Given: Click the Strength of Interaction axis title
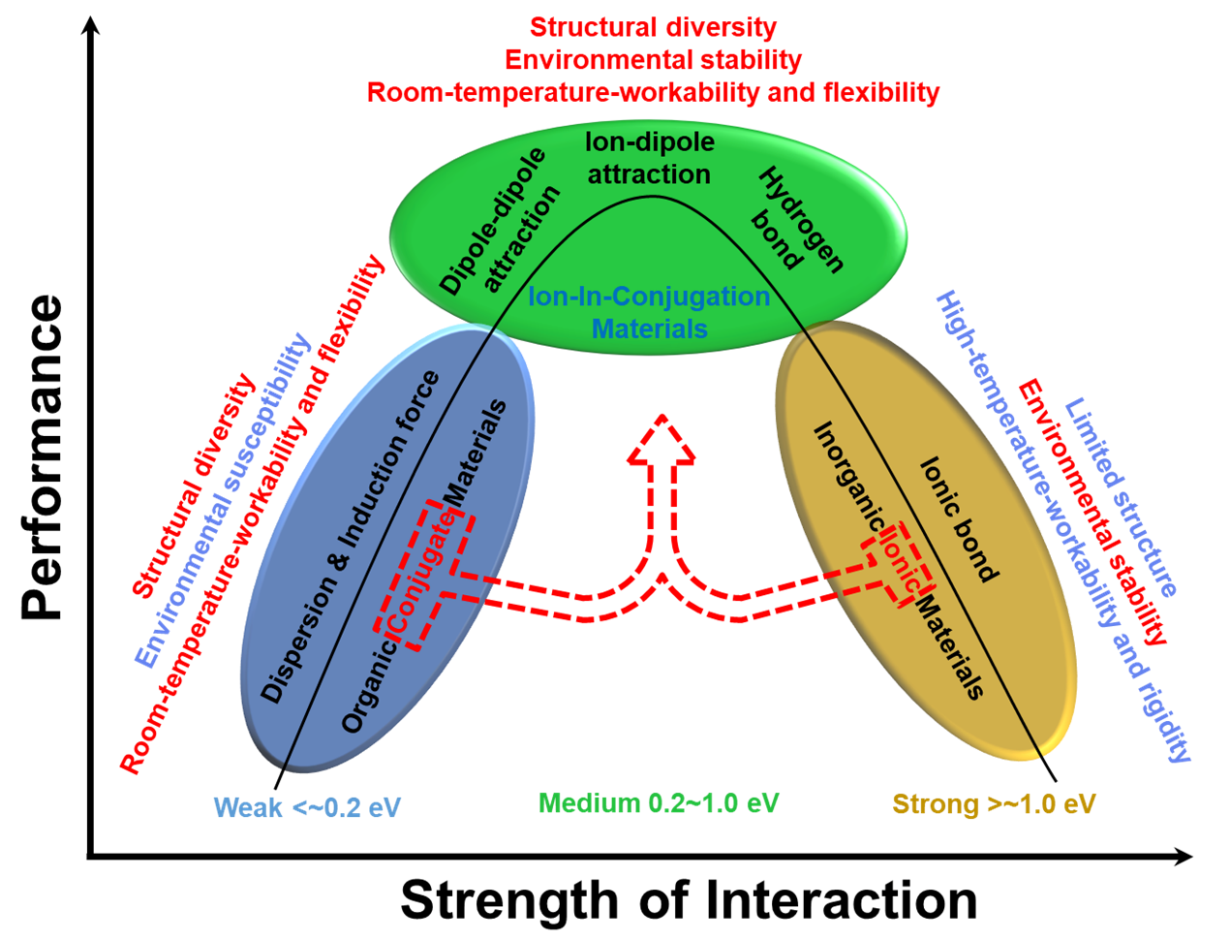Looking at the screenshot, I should [x=689, y=900].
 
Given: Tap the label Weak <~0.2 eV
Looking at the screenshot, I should [x=307, y=807].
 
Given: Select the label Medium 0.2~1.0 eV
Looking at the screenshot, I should [x=659, y=802].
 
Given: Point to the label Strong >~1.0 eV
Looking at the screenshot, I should [x=994, y=803].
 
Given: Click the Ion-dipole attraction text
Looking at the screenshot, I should [x=650, y=158].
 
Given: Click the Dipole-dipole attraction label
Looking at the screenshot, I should [x=500, y=224].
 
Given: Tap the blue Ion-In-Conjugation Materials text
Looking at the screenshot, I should [x=649, y=312].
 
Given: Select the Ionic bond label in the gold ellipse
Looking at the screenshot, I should [x=957, y=519].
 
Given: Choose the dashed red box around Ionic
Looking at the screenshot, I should [x=898, y=563].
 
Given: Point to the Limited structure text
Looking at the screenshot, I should [x=1122, y=498].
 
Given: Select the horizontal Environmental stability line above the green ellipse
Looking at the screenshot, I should [x=653, y=60].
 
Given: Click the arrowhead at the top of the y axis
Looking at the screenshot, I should [x=91, y=23].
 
